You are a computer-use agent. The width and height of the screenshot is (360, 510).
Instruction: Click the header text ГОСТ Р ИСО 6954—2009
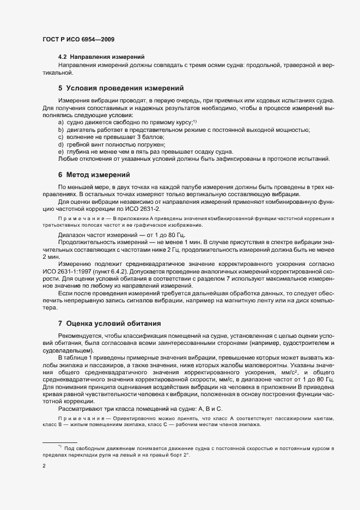pos(78,40)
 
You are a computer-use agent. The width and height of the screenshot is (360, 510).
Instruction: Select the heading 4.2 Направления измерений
pos(101,57)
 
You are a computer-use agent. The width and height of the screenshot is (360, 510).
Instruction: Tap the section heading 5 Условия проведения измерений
pos(120,88)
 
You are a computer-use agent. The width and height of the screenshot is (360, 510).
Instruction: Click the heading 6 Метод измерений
pos(93,175)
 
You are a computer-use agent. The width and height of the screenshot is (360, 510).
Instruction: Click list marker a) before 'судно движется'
pos(61,123)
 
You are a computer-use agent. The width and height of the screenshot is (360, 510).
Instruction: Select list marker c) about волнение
pos(61,137)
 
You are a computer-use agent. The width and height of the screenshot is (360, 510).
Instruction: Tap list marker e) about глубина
pos(61,151)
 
